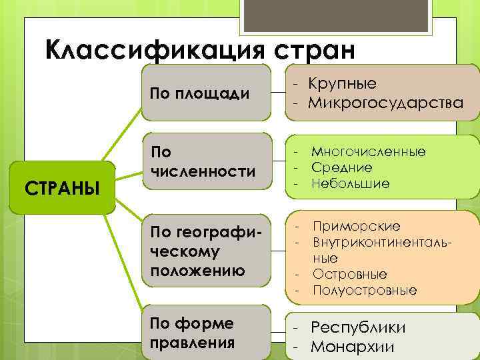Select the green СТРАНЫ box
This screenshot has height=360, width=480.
point(62,188)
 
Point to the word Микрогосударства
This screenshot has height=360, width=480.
point(385,103)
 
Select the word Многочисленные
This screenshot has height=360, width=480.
point(368,152)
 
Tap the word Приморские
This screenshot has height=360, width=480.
point(356,226)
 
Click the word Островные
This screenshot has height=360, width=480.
point(349,275)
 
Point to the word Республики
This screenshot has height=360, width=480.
point(358,328)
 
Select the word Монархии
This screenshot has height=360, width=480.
point(353,347)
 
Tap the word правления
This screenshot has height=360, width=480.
point(193,343)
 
